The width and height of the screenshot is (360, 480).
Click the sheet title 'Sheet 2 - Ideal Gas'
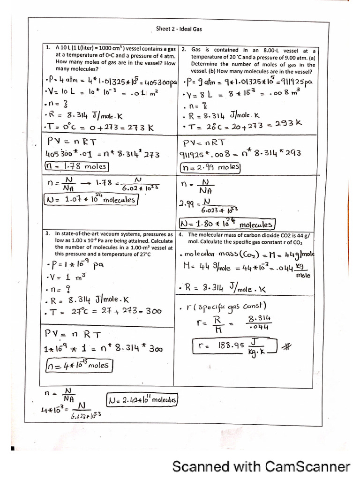click(x=179, y=29)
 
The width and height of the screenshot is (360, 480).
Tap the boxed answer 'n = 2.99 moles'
click(x=210, y=166)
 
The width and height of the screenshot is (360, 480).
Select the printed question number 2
click(x=184, y=50)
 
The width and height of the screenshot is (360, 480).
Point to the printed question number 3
click(x=48, y=233)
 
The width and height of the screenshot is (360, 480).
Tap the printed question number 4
click(x=181, y=234)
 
